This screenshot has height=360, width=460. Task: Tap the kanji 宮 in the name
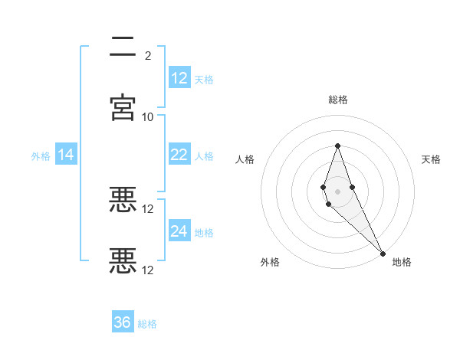click(x=123, y=107)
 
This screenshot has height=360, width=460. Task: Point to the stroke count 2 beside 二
click(x=148, y=55)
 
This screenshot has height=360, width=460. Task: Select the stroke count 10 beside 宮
click(x=148, y=116)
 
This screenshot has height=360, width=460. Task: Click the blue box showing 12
click(x=179, y=78)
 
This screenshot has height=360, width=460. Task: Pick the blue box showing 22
click(x=179, y=155)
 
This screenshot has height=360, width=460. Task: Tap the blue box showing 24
click(x=179, y=231)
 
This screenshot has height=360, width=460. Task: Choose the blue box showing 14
click(x=66, y=155)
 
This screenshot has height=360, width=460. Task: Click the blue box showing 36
click(x=123, y=322)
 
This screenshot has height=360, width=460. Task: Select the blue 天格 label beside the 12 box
click(x=204, y=79)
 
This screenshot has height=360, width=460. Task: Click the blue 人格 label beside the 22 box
click(x=204, y=155)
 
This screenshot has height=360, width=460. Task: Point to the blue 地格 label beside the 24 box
click(x=204, y=232)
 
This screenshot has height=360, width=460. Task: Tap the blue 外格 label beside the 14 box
click(x=41, y=155)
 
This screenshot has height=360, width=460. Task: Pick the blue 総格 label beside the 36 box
click(x=147, y=324)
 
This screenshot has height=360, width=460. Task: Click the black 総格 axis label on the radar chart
click(x=338, y=100)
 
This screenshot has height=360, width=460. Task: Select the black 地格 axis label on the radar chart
click(x=402, y=262)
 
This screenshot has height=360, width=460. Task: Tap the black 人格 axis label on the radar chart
click(x=245, y=159)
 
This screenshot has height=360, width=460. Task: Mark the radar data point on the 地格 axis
click(x=383, y=254)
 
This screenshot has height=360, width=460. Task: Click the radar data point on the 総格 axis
click(x=337, y=146)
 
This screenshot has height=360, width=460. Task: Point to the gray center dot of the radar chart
click(x=337, y=191)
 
